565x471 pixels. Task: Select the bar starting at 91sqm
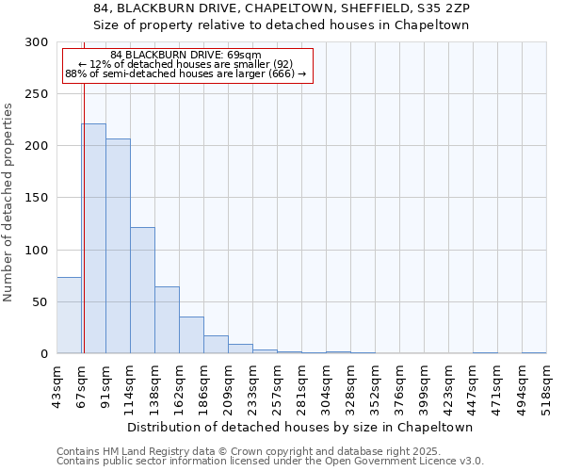pyautogui.click(x=118, y=246)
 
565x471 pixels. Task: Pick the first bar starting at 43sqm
pyautogui.click(x=69, y=316)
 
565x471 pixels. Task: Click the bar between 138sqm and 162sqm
pyautogui.click(x=167, y=320)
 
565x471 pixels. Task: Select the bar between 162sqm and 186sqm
pyautogui.click(x=191, y=335)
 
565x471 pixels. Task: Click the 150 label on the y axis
pyautogui.click(x=37, y=198)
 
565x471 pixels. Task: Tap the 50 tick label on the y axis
pyautogui.click(x=40, y=302)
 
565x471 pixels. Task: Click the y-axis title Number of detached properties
pyautogui.click(x=8, y=203)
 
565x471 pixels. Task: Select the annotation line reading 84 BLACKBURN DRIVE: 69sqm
pyautogui.click(x=186, y=56)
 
